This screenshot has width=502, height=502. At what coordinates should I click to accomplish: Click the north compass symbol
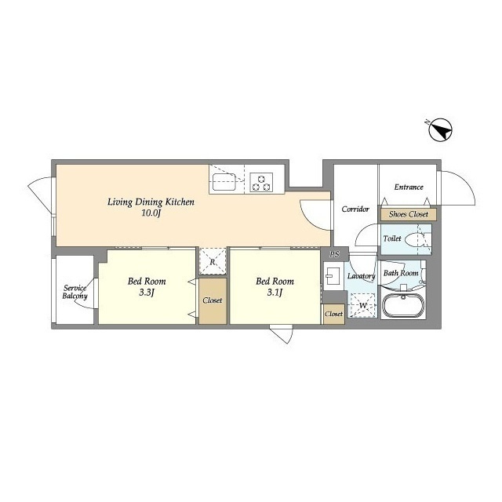[x=440, y=129]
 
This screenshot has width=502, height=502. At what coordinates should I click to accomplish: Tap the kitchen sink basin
[x=224, y=182]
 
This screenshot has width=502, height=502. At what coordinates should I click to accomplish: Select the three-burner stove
[x=261, y=182]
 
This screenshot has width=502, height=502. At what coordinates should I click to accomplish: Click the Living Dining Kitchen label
[x=151, y=202]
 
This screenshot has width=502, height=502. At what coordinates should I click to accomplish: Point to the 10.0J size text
[x=151, y=213]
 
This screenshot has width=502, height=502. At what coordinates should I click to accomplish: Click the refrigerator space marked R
[x=213, y=261]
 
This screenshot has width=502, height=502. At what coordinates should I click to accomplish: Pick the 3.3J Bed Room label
[x=147, y=286]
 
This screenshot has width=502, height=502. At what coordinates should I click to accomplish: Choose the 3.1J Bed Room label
[x=275, y=286]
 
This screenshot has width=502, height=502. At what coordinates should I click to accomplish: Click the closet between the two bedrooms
[x=213, y=301]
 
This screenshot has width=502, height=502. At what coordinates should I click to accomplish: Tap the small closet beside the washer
[x=333, y=314]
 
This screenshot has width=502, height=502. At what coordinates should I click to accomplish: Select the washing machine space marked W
[x=362, y=305]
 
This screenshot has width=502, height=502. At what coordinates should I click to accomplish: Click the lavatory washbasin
[x=333, y=276]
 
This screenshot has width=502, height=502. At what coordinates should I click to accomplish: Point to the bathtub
[x=403, y=306]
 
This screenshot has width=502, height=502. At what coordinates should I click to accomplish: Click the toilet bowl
[x=415, y=239]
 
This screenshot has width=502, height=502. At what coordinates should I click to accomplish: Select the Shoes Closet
[x=409, y=214]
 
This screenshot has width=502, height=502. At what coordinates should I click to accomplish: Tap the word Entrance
[x=409, y=187]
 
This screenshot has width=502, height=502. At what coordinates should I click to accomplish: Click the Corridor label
[x=355, y=209]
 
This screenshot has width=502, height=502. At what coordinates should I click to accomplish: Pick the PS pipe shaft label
[x=335, y=254]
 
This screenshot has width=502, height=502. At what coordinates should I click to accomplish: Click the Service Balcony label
[x=75, y=292]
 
